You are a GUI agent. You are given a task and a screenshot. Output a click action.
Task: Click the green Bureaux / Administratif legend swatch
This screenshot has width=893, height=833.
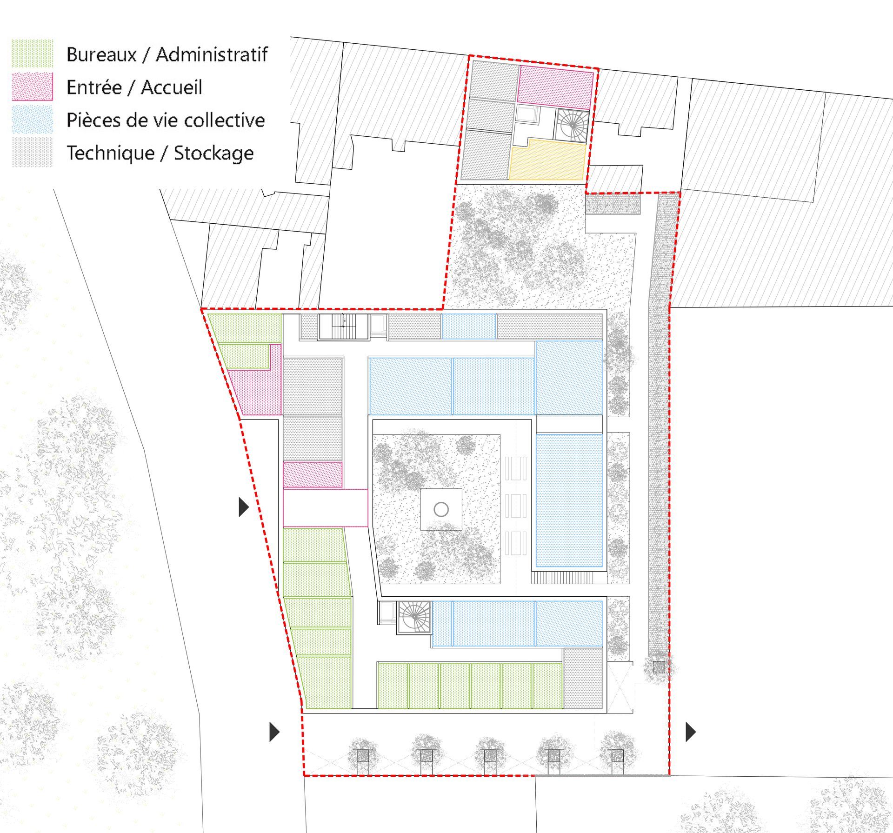(32, 53)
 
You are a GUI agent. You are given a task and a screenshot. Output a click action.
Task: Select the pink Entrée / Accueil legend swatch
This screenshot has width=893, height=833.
(32, 87)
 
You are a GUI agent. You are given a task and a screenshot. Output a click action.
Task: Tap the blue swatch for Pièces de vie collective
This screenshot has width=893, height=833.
(32, 120)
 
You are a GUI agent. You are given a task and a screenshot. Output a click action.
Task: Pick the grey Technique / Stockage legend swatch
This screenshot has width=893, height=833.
(32, 152)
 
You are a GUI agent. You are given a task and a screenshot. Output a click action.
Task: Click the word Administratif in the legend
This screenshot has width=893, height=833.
(212, 54)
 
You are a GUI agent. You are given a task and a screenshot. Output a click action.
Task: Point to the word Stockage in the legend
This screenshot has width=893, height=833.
(213, 153)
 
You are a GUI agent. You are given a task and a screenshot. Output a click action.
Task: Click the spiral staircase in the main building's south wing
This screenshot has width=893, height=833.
(414, 617)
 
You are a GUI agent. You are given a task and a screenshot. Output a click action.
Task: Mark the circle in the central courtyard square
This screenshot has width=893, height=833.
(441, 509)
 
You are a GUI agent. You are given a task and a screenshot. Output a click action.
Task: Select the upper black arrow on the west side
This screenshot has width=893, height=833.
(244, 507)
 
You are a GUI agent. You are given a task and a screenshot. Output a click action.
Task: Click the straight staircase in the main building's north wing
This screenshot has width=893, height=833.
(344, 327)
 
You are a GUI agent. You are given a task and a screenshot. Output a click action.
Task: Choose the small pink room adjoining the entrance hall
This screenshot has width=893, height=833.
(313, 475)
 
